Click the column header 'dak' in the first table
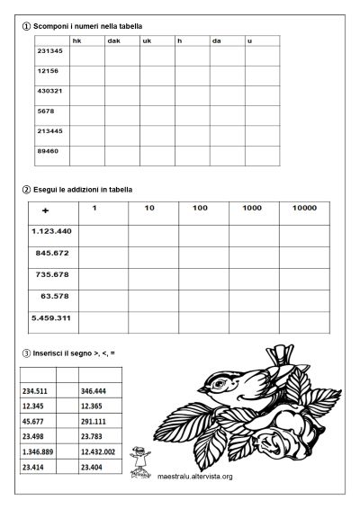click(x=113, y=40)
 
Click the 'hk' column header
click(x=76, y=40)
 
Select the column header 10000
click(x=303, y=209)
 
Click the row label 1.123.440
click(x=51, y=231)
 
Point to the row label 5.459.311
click(x=51, y=317)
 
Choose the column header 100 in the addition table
click(x=200, y=209)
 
